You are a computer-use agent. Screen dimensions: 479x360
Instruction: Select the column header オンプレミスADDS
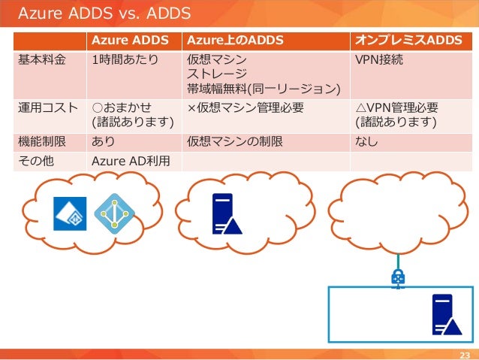click(x=408, y=40)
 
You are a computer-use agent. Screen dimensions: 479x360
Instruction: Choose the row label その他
click(x=35, y=160)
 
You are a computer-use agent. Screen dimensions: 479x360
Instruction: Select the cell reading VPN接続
click(x=380, y=59)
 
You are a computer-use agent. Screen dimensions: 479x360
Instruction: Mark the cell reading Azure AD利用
click(x=131, y=160)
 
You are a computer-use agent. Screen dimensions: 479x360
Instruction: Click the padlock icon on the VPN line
click(x=398, y=279)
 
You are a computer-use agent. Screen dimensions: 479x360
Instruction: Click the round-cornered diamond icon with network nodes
click(x=113, y=213)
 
